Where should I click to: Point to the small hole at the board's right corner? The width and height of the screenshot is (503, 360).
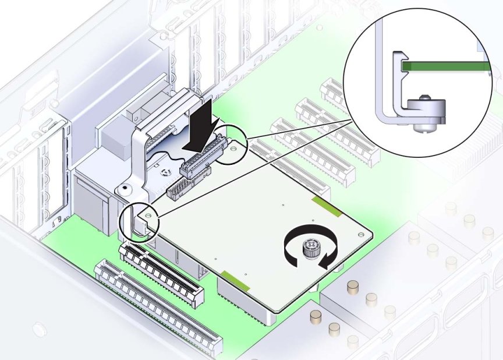click(x=363, y=234)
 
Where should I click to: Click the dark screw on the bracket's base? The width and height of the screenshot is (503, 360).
click(x=123, y=188)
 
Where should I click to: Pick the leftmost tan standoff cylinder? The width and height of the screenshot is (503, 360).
click(x=316, y=316)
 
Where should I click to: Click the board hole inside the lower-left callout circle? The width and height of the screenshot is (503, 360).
click(x=148, y=216)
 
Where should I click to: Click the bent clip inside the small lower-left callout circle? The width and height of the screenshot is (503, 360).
click(x=138, y=224)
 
